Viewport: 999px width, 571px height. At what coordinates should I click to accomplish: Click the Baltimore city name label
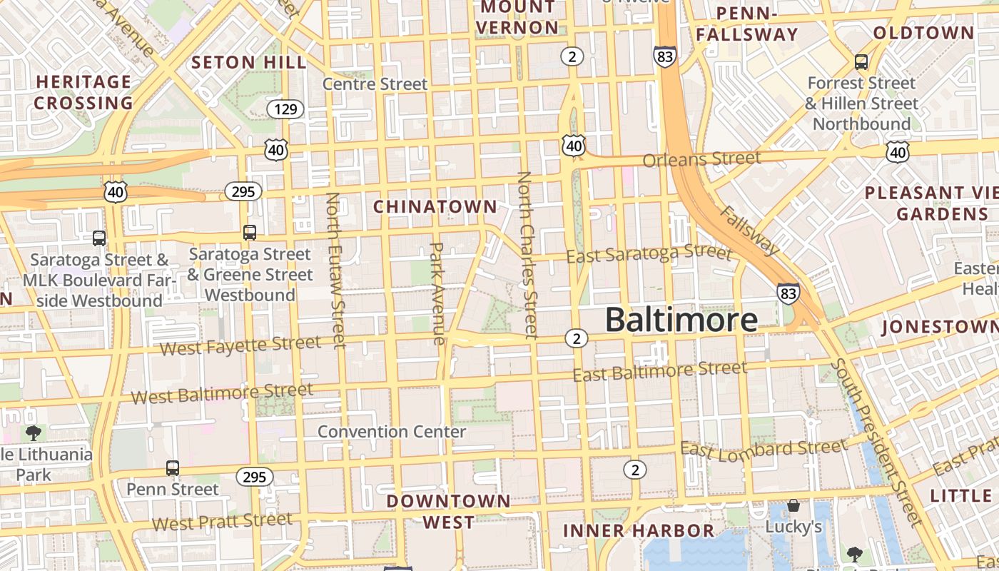(681, 320)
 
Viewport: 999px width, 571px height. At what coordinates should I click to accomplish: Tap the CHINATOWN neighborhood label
(435, 206)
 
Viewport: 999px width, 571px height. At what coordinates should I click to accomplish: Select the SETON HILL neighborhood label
(249, 62)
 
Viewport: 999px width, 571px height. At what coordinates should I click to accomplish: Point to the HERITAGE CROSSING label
(83, 92)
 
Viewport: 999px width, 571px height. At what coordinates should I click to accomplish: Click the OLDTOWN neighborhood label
(923, 33)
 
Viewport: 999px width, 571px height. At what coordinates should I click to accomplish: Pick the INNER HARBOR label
(638, 530)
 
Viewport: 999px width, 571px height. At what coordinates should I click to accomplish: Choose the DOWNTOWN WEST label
(449, 511)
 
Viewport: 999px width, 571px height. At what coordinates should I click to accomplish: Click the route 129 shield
(285, 109)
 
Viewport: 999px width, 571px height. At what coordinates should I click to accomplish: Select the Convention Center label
(392, 432)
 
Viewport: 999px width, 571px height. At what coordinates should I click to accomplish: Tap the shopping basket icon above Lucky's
(793, 506)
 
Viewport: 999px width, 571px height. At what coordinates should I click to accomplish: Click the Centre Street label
(375, 84)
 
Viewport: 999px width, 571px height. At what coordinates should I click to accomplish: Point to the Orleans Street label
(701, 158)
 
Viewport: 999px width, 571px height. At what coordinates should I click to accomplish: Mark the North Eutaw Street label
(335, 270)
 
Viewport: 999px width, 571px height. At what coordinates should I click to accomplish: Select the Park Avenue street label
(437, 293)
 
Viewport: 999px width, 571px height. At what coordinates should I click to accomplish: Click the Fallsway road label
(750, 230)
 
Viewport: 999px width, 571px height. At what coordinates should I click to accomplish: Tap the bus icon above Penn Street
(173, 468)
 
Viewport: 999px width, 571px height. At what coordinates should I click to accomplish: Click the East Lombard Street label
(764, 448)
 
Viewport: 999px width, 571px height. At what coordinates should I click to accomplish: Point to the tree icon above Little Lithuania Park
(33, 433)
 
